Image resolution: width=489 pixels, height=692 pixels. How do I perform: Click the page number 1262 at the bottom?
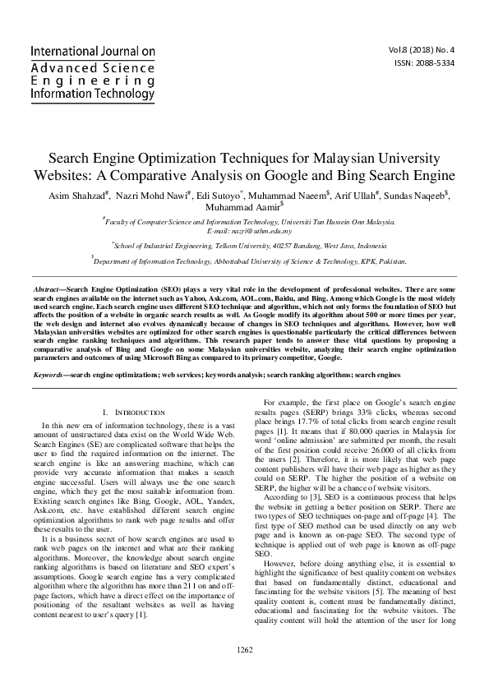point(244,671)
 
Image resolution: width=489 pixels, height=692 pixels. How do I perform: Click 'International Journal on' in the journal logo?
point(92,52)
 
